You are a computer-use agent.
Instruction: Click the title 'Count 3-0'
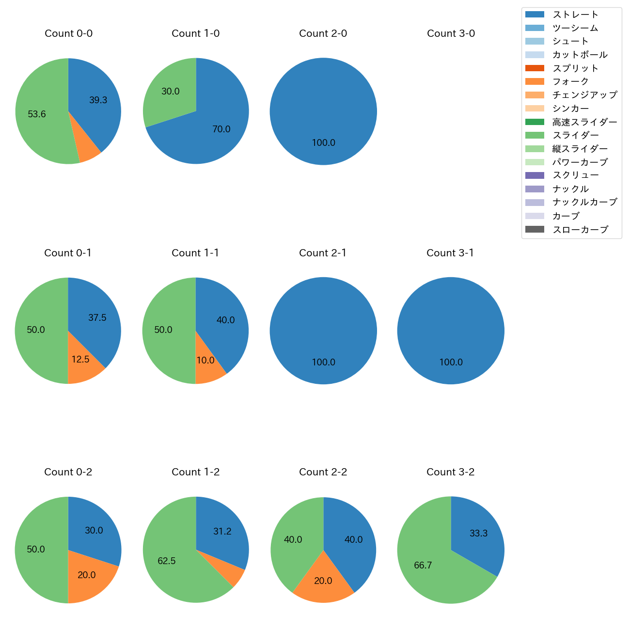(451, 33)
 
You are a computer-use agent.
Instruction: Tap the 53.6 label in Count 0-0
(37, 114)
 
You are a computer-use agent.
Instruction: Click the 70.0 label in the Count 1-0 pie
(221, 129)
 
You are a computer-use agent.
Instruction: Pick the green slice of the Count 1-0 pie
(170, 92)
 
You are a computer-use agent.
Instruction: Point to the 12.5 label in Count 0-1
(80, 360)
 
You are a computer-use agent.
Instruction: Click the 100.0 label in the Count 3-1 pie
(451, 362)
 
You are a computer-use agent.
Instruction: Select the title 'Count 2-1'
(323, 253)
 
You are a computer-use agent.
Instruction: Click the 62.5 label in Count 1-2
(167, 561)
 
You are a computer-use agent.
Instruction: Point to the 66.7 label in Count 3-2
(423, 566)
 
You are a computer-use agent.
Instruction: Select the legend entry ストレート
(575, 15)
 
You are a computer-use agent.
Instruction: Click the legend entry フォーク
(570, 81)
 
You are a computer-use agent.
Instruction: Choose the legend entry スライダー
(575, 135)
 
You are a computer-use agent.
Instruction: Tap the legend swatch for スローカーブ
(535, 229)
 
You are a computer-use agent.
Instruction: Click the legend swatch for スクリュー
(535, 175)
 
